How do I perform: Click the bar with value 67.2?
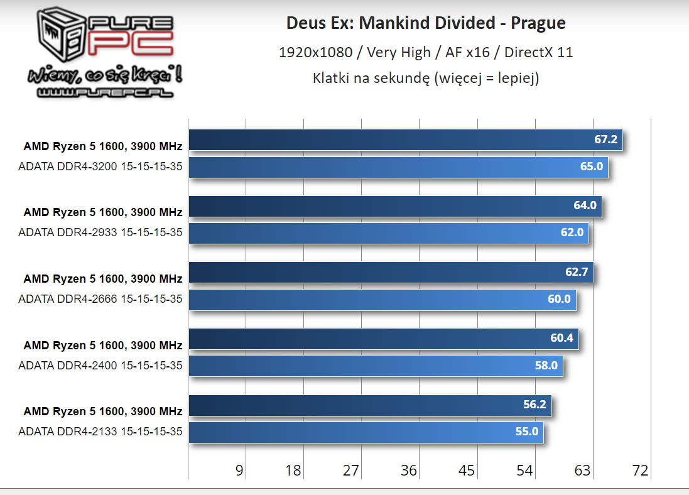405,140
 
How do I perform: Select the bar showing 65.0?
398,167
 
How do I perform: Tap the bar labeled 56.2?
369,405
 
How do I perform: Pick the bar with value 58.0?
376,366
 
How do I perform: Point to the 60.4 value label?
562,339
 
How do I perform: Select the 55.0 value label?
526,432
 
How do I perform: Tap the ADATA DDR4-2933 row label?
100,232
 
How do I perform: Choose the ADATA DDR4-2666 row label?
100,299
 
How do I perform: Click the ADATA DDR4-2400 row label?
100,365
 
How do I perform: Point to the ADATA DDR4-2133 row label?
100,432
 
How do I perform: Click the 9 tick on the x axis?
239,471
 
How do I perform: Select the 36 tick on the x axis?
409,471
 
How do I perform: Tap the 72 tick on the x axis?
640,471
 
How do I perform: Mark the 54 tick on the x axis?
524,471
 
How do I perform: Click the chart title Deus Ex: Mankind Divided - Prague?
426,24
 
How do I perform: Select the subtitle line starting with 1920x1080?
426,52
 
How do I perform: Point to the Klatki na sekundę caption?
426,79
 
